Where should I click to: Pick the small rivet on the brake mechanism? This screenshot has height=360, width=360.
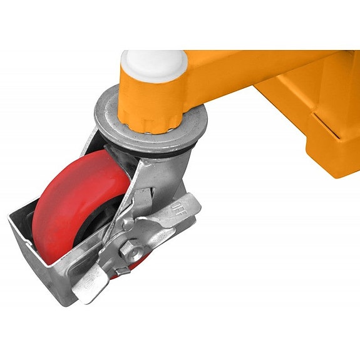128,224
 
